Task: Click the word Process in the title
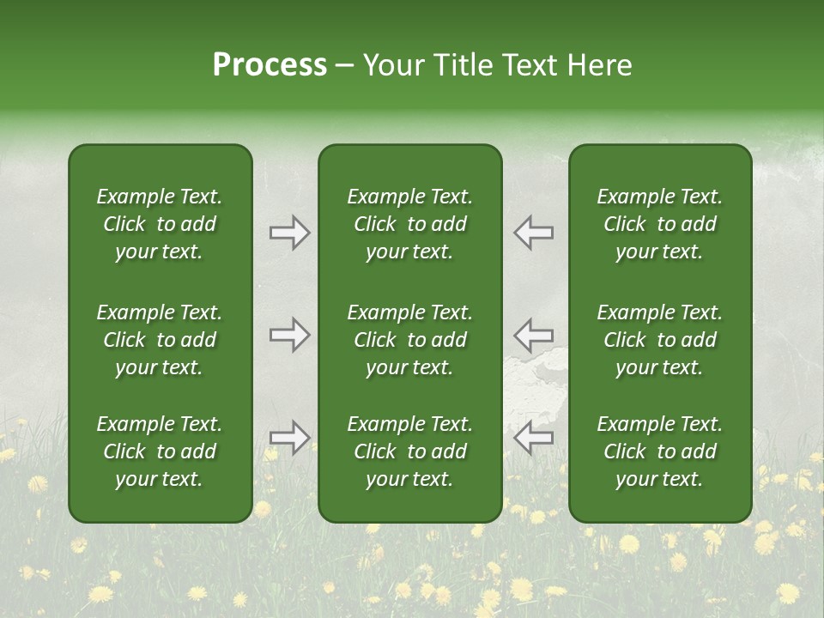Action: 270,65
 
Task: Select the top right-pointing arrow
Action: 290,233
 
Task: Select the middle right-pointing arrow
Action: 290,335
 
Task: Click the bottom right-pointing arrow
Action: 290,438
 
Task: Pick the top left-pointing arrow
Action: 533,233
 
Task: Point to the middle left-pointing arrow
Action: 533,335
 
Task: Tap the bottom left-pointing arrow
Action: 533,438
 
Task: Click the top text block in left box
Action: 160,224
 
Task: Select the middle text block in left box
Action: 160,340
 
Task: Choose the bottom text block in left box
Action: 160,451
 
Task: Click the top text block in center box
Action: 409,224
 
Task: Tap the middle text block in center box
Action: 409,340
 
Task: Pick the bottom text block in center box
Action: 409,451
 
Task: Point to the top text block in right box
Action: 660,224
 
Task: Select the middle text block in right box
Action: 660,340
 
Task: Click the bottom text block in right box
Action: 660,451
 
